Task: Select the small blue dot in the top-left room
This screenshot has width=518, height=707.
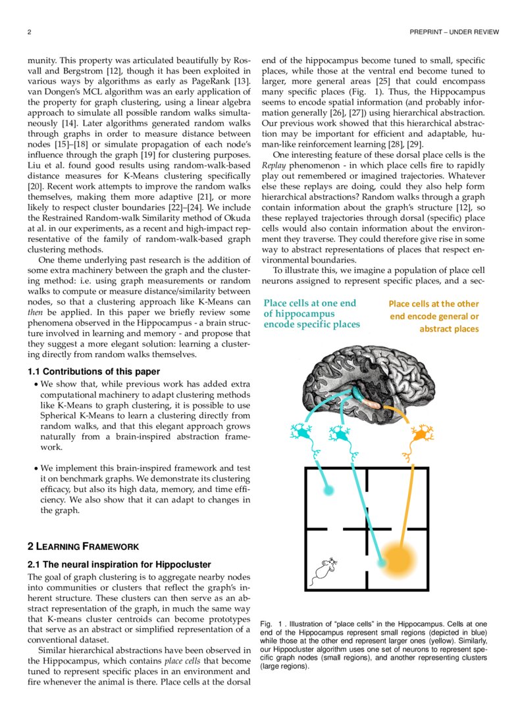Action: [329, 490]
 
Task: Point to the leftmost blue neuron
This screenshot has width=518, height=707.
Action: [303, 433]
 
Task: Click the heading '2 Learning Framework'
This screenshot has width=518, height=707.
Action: [83, 546]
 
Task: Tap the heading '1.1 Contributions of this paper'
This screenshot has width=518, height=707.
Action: [93, 372]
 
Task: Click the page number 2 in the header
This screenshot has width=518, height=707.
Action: [30, 32]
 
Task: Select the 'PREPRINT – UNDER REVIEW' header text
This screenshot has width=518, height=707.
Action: [453, 32]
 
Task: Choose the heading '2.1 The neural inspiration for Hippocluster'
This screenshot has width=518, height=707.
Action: [118, 564]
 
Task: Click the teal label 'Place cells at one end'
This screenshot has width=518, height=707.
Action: [309, 303]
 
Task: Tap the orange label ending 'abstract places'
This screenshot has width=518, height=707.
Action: [449, 329]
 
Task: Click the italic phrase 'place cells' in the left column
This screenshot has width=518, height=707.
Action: [184, 660]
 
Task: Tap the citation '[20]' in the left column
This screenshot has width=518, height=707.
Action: [37, 187]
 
